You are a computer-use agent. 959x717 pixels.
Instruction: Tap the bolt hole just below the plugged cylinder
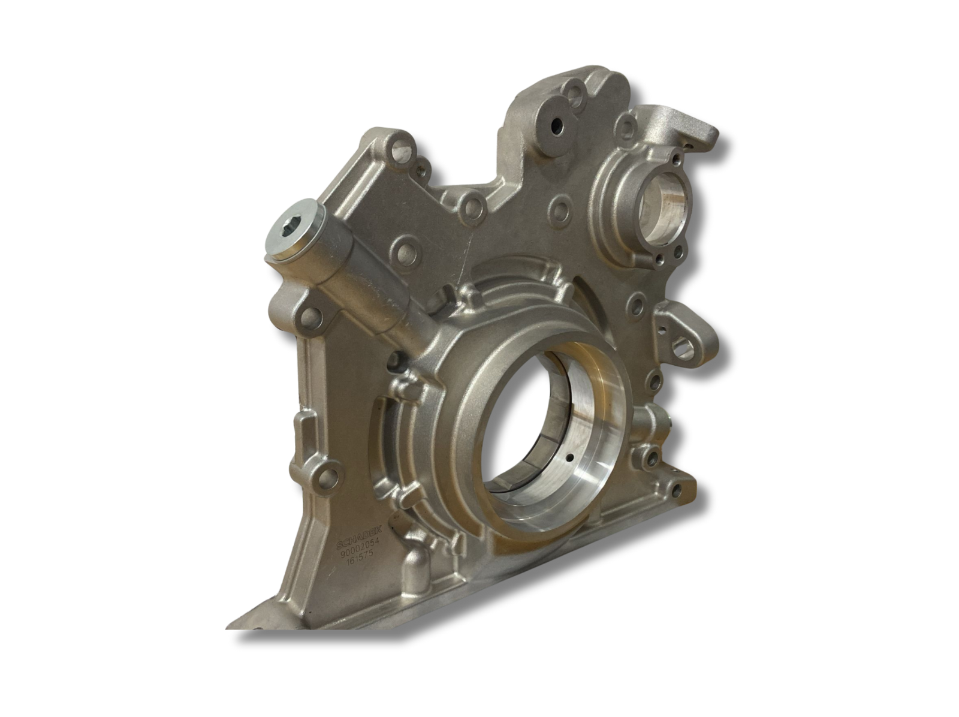313,315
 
